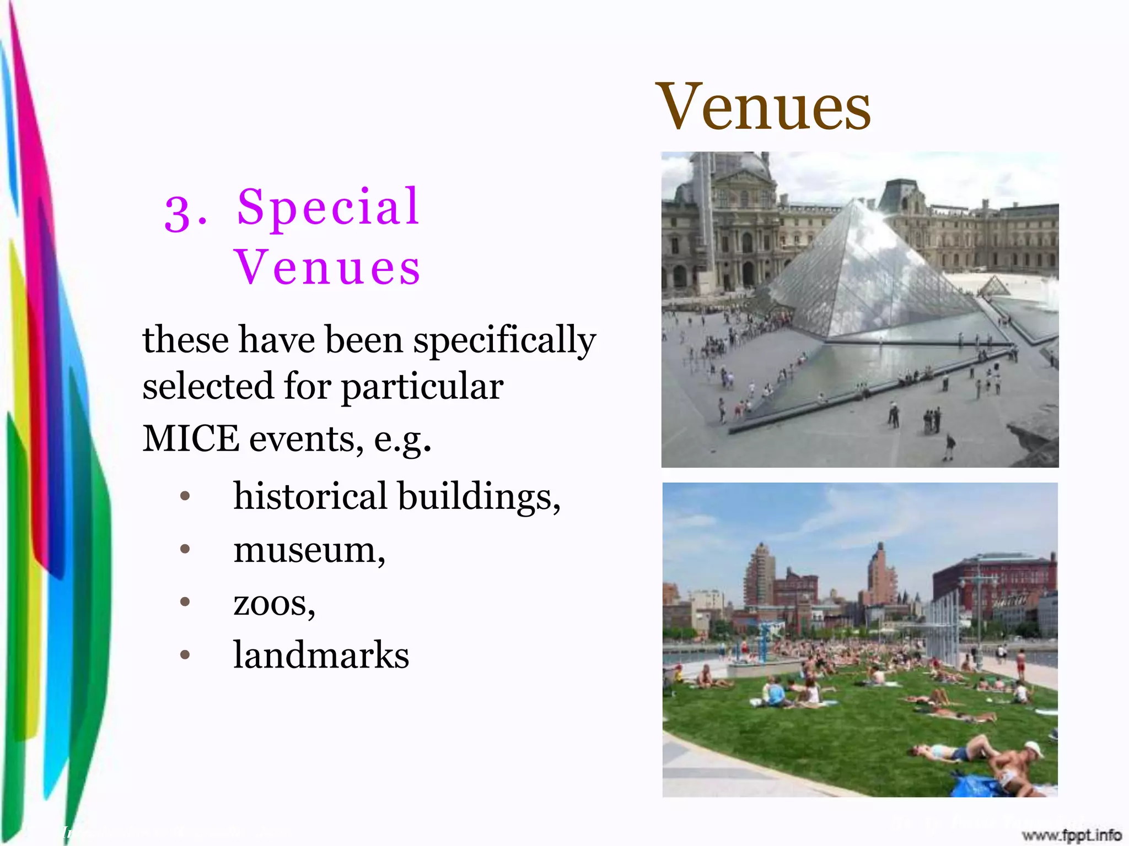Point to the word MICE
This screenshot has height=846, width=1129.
tap(191, 438)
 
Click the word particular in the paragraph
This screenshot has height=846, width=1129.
tap(422, 387)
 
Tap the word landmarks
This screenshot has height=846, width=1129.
tap(321, 655)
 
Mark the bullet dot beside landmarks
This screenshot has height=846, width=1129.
tap(185, 655)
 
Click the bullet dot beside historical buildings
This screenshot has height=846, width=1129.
tap(185, 496)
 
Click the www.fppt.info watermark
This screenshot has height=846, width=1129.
tap(1071, 835)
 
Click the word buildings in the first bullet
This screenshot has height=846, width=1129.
tap(479, 497)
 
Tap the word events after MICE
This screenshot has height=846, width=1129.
tap(306, 440)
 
